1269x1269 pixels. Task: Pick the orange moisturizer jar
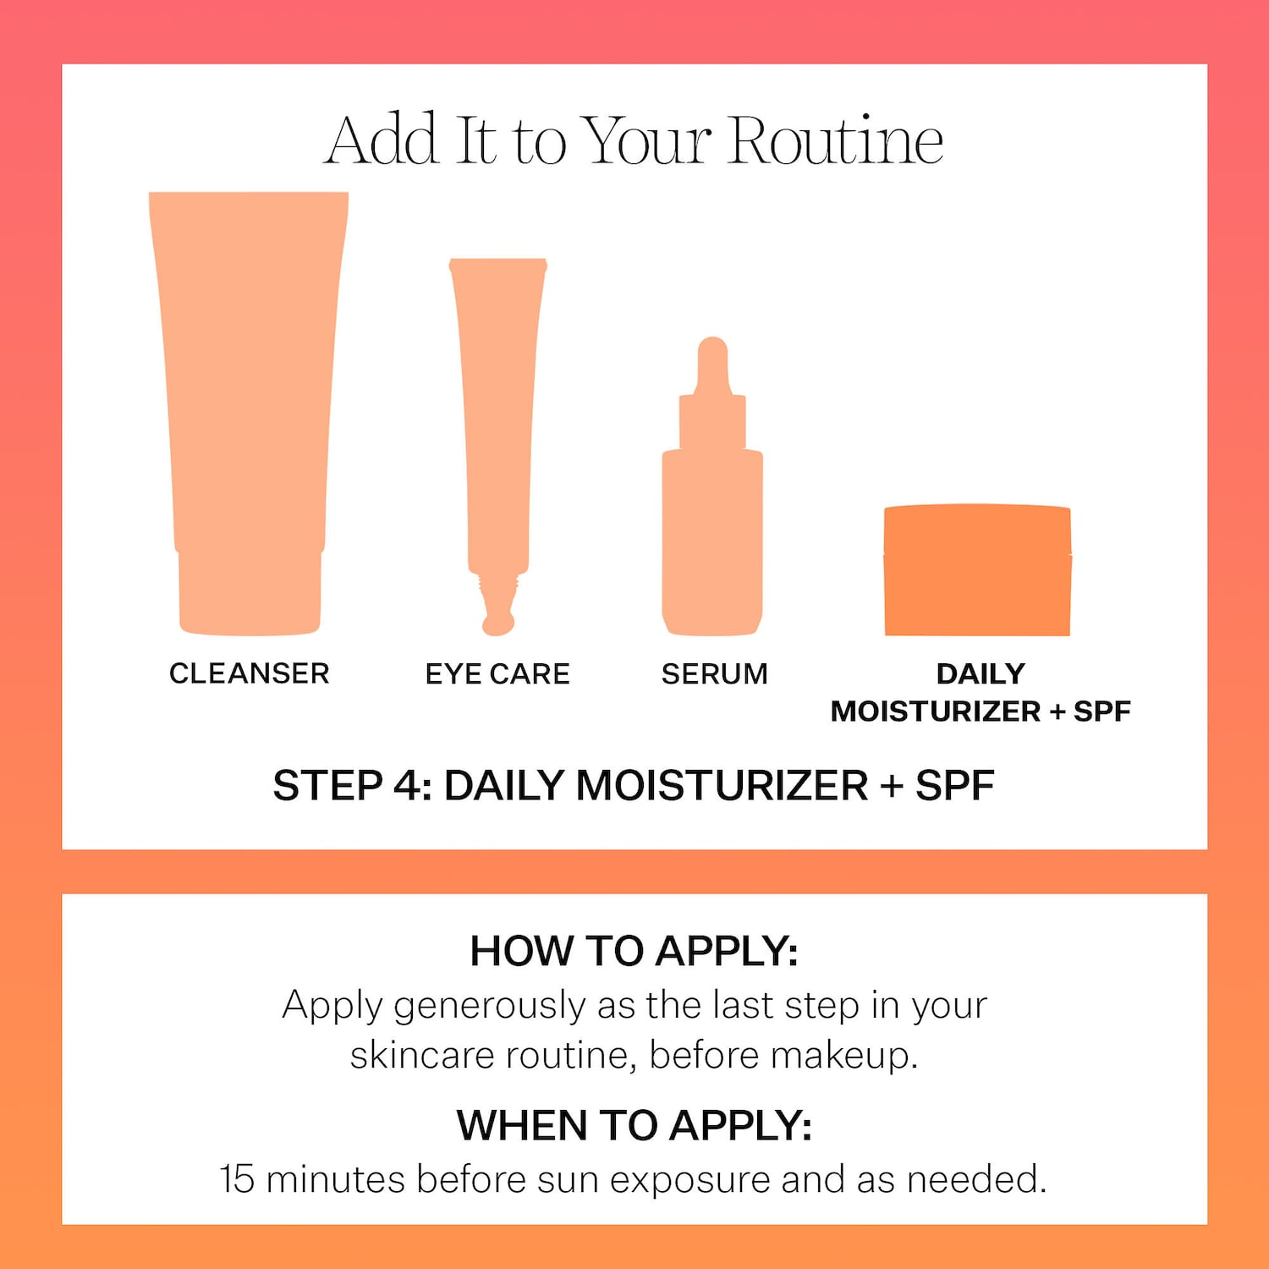977,571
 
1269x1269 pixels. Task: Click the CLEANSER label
249,673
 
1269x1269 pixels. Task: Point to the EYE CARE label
497,674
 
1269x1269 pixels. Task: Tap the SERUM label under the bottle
714,674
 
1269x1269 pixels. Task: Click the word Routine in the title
835,140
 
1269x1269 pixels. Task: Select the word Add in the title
382,140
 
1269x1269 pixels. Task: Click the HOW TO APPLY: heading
634,951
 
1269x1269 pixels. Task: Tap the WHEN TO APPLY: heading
634,1125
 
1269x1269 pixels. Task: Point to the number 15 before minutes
237,1179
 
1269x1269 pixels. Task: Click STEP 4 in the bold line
352,786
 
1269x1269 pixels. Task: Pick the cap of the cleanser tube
250,592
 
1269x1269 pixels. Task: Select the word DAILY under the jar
981,673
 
